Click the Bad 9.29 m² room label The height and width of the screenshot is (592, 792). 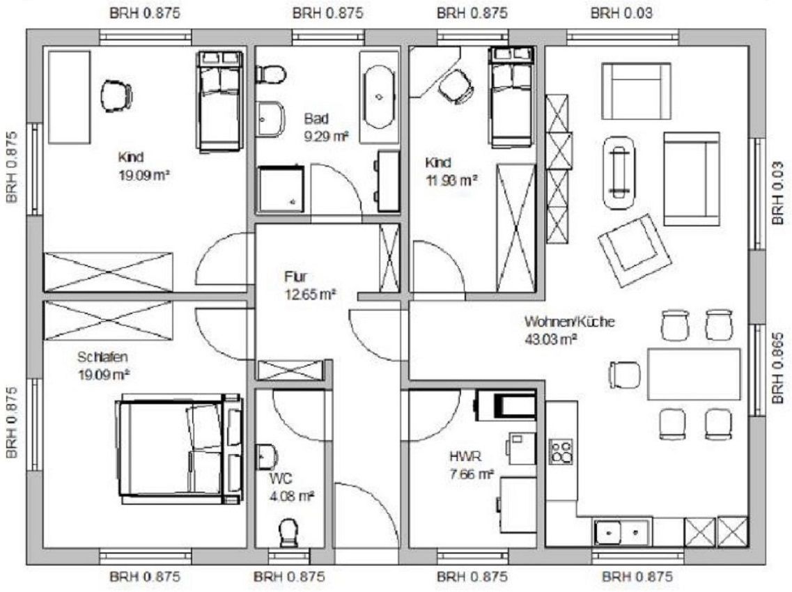tap(326, 127)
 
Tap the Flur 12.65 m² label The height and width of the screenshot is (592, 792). tap(310, 286)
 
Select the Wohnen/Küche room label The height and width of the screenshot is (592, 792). tap(569, 330)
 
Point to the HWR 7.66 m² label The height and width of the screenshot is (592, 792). tap(472, 465)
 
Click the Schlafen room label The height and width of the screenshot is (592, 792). tap(104, 366)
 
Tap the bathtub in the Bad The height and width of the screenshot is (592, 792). tap(378, 97)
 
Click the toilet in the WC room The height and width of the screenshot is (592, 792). tap(288, 533)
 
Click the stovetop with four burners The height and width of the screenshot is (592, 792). tap(561, 451)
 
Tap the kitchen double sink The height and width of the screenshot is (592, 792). tap(623, 532)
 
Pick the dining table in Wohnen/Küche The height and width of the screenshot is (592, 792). tap(694, 374)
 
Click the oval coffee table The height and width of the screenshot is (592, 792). tap(619, 173)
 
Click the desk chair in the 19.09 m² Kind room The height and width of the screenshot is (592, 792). tap(117, 96)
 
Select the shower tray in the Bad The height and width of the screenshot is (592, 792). tap(281, 189)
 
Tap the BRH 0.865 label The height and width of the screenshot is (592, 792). tap(778, 368)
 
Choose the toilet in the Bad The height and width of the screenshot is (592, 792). tap(271, 75)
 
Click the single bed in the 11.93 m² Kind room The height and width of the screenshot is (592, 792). tap(512, 95)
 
